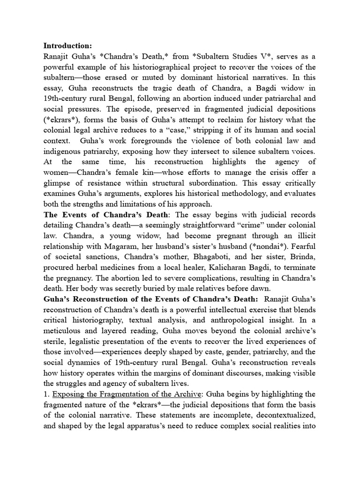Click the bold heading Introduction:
[68, 45]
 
